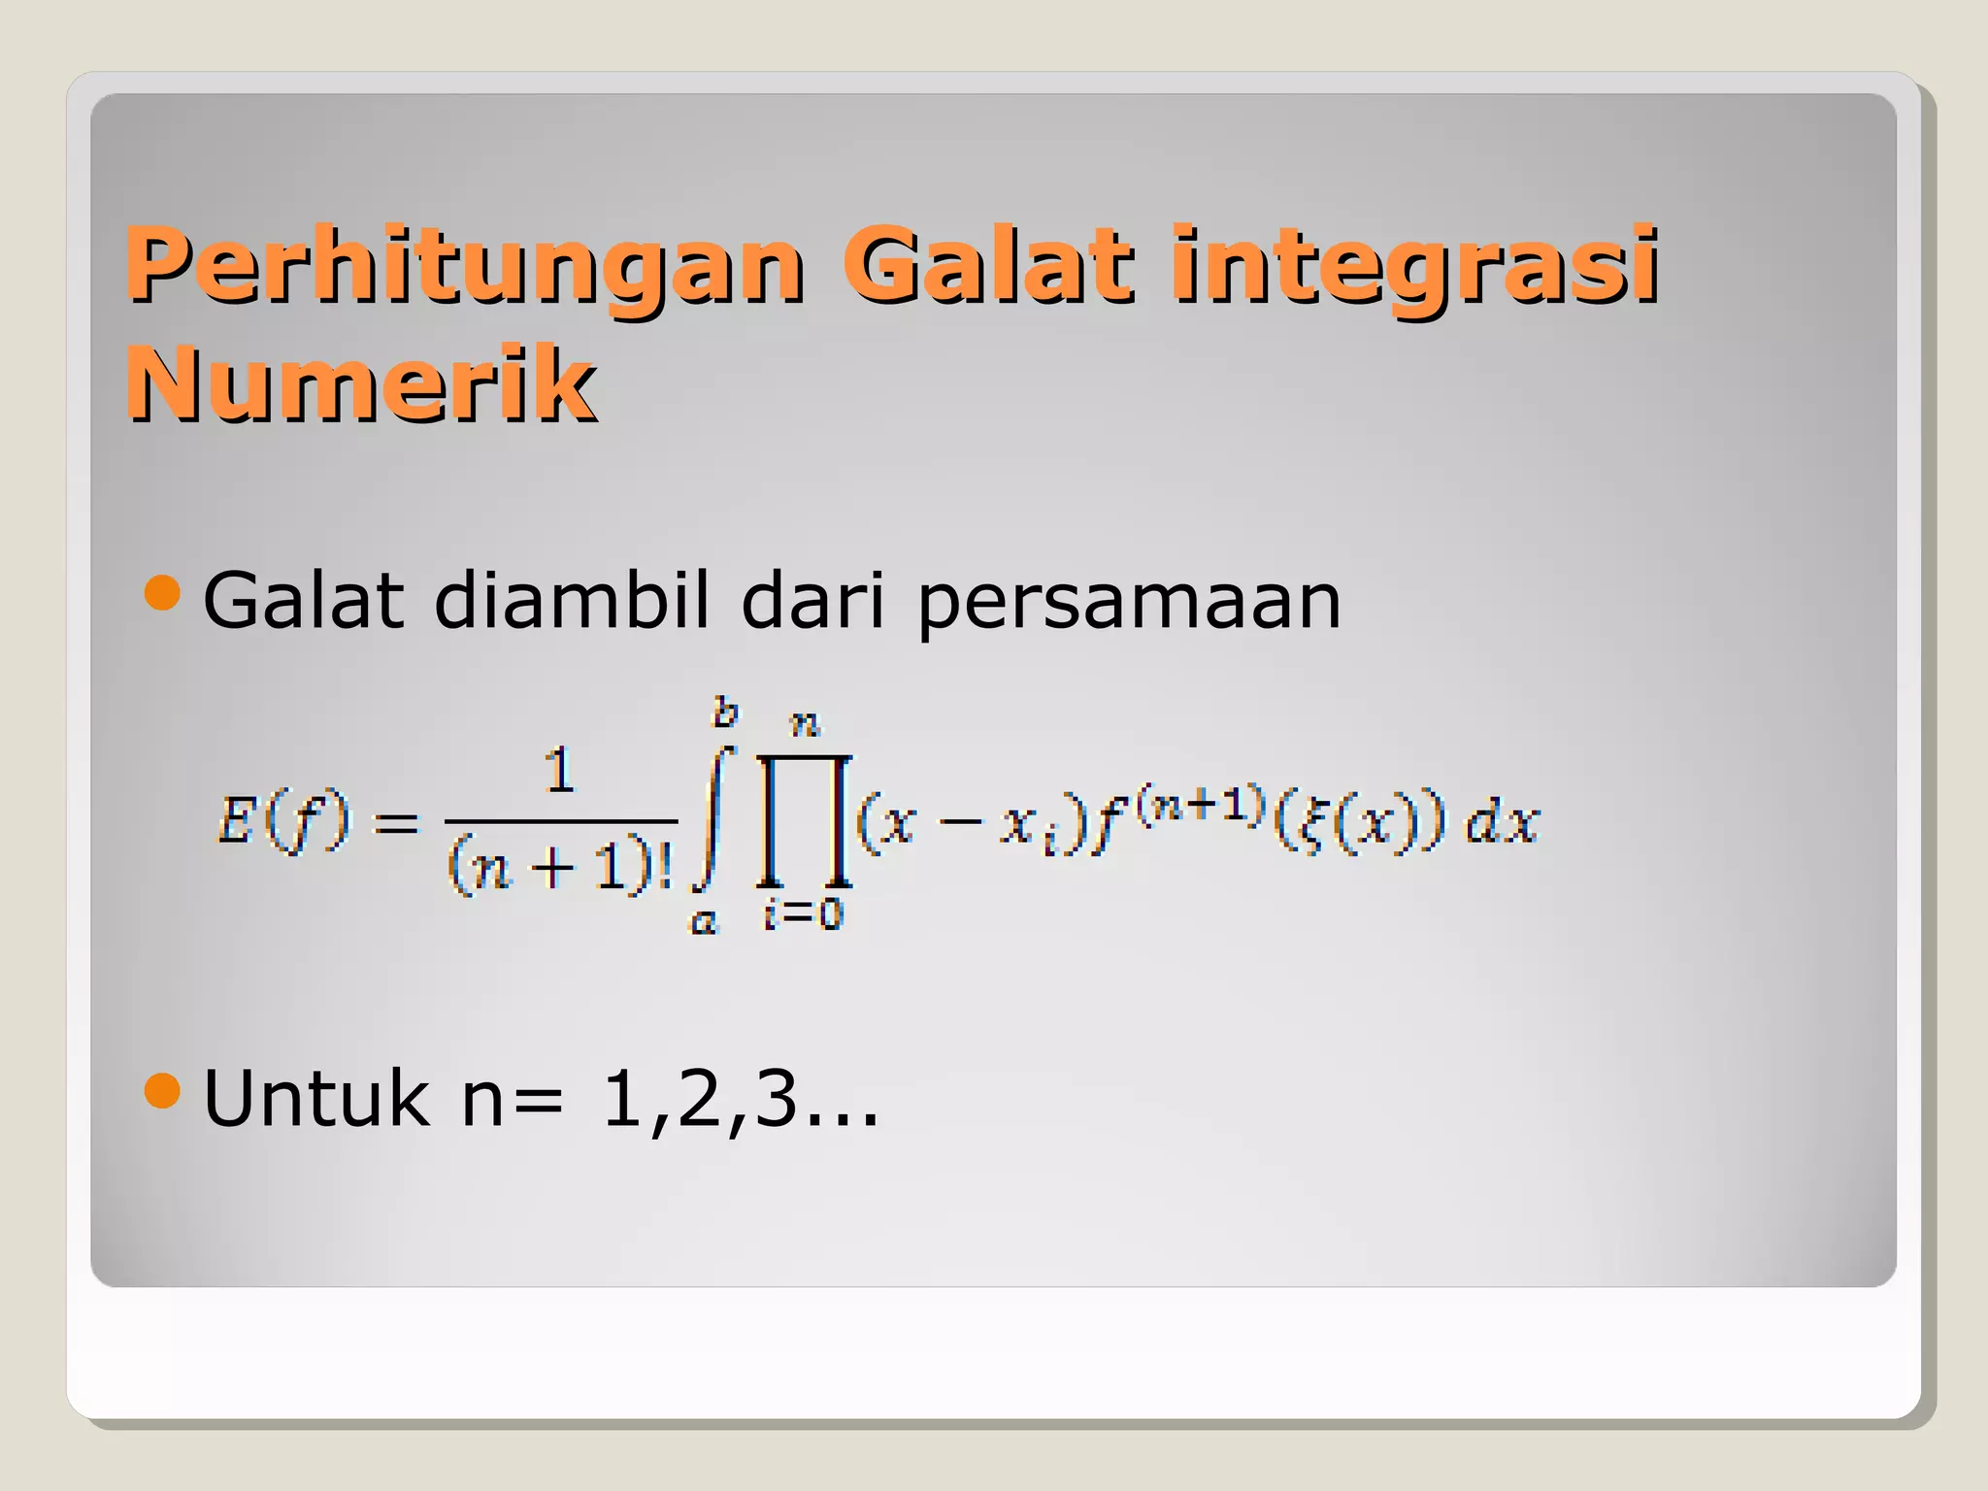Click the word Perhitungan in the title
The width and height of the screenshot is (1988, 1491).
pos(464,266)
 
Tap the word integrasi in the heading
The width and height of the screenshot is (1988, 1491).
pos(1414,266)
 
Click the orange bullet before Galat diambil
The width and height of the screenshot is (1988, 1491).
pos(162,593)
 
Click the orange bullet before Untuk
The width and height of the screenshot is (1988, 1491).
pos(162,1091)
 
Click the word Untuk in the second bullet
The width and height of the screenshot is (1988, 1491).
pos(315,1098)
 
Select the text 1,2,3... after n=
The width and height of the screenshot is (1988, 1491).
pos(740,1100)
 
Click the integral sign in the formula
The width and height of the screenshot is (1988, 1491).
pos(712,818)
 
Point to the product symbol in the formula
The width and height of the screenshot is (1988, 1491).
pos(805,820)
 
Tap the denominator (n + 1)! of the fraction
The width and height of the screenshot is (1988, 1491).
pos(560,865)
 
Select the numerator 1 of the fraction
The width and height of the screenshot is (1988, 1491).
pos(559,772)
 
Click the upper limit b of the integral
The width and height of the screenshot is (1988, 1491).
pos(725,713)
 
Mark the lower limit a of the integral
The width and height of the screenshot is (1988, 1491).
pos(703,919)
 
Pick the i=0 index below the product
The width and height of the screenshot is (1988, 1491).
pos(804,913)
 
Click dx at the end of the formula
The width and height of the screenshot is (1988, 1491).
pos(1501,822)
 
